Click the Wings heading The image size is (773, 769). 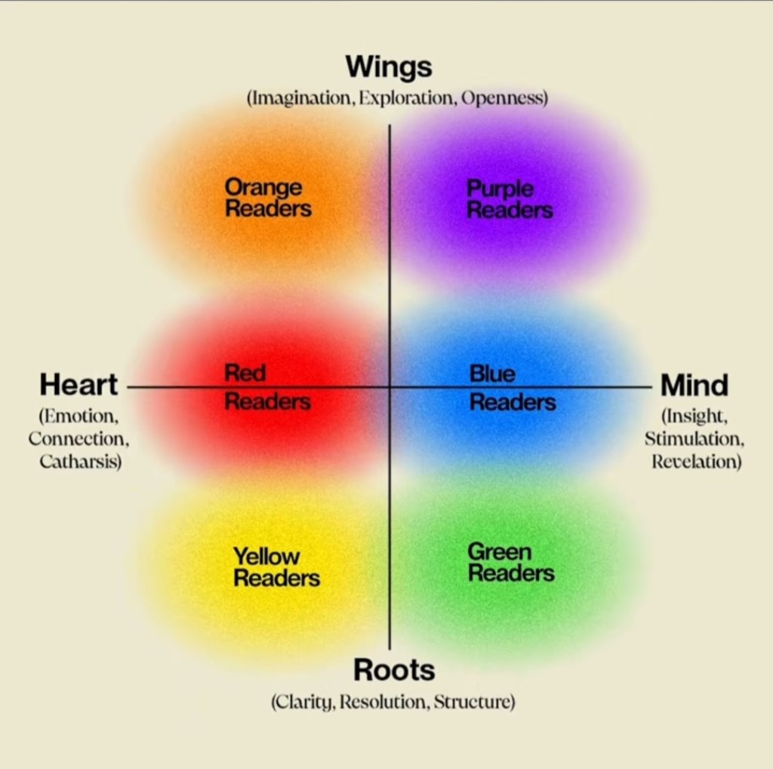tap(389, 67)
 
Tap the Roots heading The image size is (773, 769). tap(394, 670)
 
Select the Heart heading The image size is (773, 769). tap(79, 385)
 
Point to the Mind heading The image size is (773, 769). tap(694, 385)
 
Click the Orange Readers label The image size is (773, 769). tap(268, 198)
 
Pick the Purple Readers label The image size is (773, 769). tap(510, 199)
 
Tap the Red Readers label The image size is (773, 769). tap(267, 387)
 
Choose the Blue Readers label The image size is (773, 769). tap(513, 388)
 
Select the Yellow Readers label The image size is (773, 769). tap(276, 567)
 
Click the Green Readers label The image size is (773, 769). tap(511, 562)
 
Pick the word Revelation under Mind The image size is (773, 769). tap(696, 462)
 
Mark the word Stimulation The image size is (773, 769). tap(694, 439)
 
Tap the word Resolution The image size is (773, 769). tap(384, 702)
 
